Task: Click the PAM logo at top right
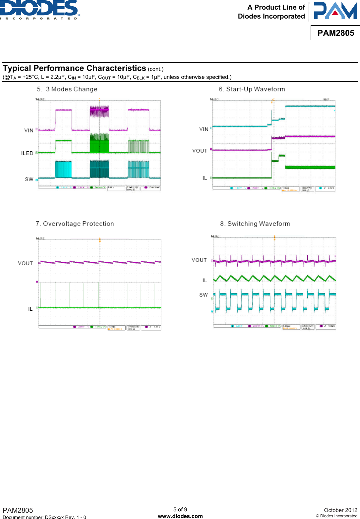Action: [x=335, y=11]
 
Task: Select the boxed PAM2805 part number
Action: [x=335, y=33]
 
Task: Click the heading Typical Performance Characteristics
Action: [x=75, y=68]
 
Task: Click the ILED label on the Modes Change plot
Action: [x=27, y=153]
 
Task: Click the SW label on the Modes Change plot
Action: [x=29, y=179]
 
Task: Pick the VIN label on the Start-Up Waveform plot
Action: [x=204, y=129]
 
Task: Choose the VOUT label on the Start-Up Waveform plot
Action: [x=200, y=151]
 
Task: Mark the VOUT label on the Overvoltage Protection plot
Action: [x=26, y=263]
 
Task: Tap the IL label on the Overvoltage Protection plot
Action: [x=30, y=309]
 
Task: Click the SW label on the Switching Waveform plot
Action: [x=204, y=295]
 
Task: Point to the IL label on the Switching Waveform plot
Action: [x=205, y=280]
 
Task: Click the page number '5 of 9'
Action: [x=180, y=509]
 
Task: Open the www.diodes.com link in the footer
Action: [x=180, y=516]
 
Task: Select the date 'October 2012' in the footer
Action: [x=340, y=510]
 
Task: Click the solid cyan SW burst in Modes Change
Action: [x=63, y=169]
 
